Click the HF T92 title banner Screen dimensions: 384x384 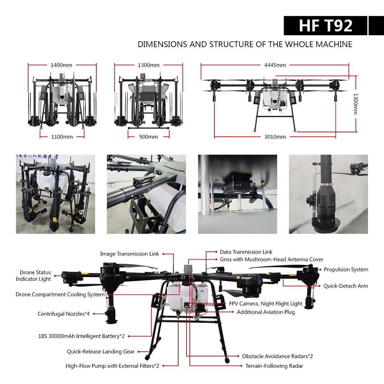click(325, 26)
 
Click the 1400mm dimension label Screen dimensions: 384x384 click(61, 65)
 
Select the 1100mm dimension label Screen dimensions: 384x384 click(62, 137)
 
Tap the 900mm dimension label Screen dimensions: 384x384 click(148, 137)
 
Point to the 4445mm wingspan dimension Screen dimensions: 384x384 click(275, 65)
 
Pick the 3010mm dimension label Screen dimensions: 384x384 click(275, 137)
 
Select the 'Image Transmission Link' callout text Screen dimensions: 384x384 click(129, 254)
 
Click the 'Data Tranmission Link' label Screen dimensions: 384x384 click(246, 252)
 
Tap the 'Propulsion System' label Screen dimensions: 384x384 click(346, 269)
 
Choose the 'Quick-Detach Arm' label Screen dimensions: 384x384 click(345, 286)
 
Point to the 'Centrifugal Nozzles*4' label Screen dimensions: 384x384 click(63, 314)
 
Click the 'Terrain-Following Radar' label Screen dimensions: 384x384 click(274, 366)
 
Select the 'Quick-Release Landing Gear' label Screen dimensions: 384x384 click(101, 351)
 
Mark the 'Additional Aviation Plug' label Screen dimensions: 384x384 click(266, 312)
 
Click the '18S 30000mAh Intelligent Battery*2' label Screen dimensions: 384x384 click(82, 336)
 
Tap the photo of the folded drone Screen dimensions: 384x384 click(55, 194)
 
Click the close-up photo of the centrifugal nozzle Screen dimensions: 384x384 click(328, 194)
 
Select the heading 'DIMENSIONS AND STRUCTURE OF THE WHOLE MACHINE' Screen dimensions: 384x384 click(245, 44)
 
